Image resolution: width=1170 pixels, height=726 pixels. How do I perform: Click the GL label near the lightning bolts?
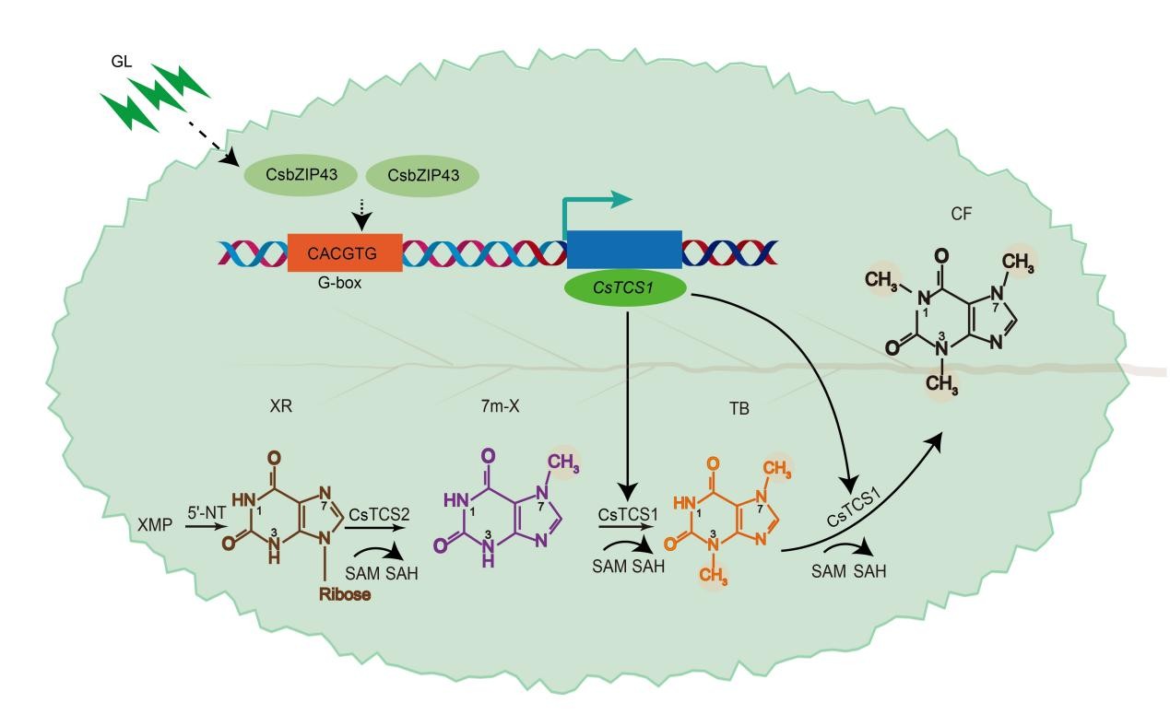(121, 62)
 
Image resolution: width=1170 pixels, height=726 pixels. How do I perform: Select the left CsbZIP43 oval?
(301, 175)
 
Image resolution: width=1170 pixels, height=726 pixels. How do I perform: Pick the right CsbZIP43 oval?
(422, 175)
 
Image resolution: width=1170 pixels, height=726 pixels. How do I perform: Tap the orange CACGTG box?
(345, 252)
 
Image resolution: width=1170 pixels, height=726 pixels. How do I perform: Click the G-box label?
(339, 283)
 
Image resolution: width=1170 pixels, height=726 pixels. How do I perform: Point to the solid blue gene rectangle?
(624, 250)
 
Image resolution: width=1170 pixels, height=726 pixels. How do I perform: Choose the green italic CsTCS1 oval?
(625, 287)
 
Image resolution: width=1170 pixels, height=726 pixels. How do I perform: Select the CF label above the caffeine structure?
(961, 214)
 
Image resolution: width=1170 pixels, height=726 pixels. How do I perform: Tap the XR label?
(281, 405)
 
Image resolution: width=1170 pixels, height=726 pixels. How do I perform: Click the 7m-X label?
(500, 406)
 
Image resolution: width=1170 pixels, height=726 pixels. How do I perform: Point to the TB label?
(739, 408)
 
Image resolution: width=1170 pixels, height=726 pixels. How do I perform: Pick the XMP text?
(155, 524)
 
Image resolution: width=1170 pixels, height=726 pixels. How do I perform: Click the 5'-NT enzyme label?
(207, 513)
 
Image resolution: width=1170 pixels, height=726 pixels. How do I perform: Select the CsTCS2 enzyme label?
(379, 515)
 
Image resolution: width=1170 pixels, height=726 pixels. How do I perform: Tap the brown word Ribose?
(345, 594)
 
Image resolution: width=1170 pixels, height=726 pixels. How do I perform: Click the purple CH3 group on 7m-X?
(563, 463)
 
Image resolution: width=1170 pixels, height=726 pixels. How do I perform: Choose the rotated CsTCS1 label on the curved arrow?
(854, 508)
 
